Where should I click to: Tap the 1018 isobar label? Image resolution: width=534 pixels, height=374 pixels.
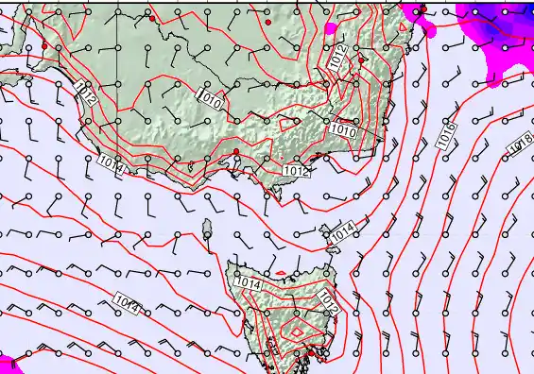point(521,144)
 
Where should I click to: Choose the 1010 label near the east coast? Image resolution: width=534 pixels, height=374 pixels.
point(345,133)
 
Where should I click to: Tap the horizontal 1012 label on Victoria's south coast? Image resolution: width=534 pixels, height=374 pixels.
point(296,171)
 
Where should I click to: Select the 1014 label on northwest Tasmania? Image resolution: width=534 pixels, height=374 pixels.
point(248,281)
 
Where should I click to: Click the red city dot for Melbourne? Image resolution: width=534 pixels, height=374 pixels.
point(235,152)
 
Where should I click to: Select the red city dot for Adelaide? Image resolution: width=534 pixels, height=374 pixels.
point(45,45)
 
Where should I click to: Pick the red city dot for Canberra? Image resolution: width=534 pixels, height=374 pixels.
point(362,59)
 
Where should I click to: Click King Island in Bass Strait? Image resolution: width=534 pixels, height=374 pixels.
point(207,228)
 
